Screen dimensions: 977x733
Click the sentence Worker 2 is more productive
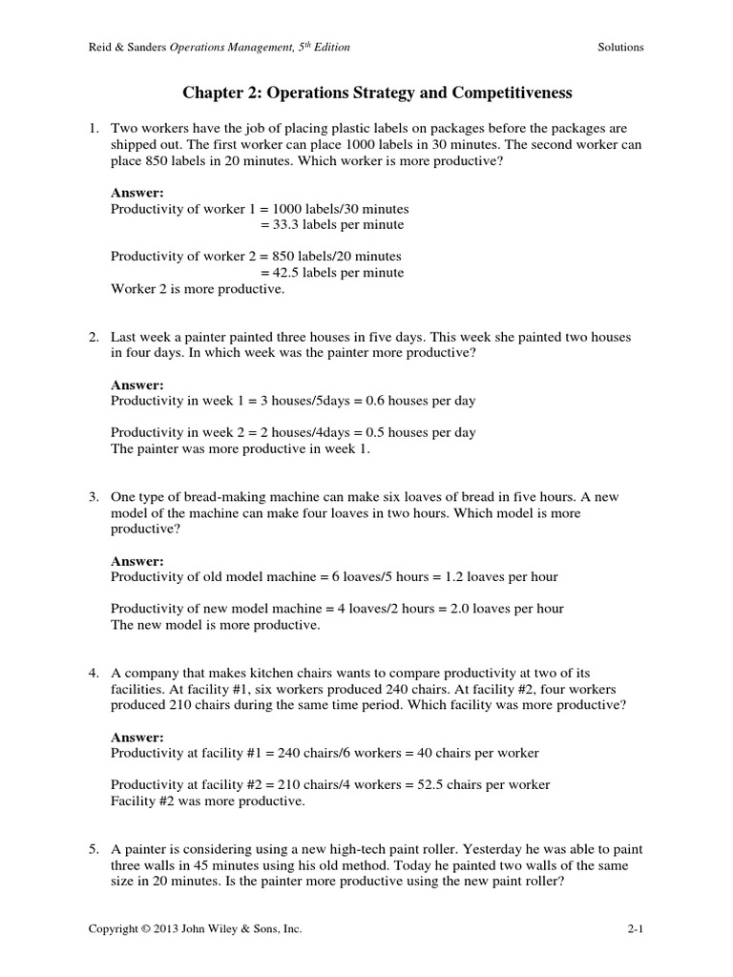(198, 288)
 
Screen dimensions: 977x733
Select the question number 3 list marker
(94, 497)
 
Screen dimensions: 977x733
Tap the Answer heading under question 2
(137, 385)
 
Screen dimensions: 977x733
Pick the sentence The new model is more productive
(216, 626)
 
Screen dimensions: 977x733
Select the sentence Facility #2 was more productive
(208, 801)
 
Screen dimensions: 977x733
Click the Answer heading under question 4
(137, 737)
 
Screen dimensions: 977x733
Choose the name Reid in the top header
(101, 47)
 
